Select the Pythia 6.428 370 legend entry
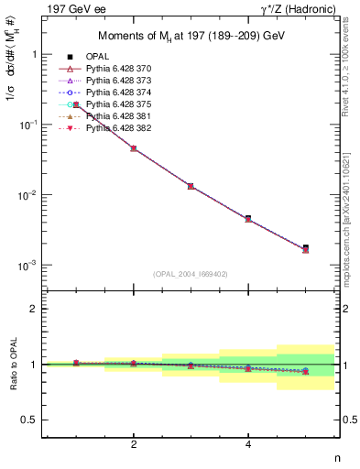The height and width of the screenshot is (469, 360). (119, 69)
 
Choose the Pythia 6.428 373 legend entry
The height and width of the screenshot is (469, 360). (119, 81)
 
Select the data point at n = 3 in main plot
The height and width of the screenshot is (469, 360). (191, 186)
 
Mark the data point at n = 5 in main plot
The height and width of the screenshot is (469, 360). (305, 248)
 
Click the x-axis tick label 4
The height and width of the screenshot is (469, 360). (248, 444)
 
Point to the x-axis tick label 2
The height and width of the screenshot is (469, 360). (134, 444)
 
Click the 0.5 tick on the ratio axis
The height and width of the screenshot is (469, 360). (34, 420)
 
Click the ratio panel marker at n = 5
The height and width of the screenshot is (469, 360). (305, 371)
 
